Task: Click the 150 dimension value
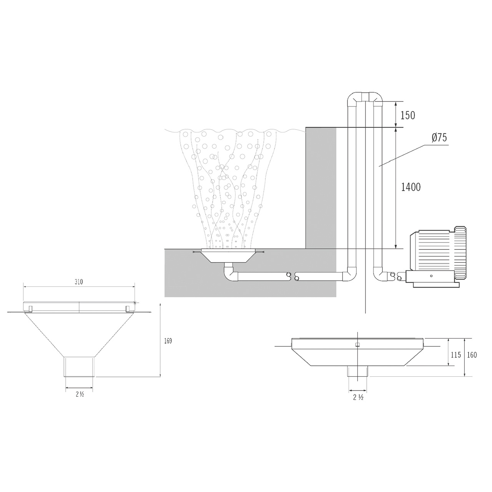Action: [x=408, y=116]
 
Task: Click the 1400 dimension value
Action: [x=411, y=188]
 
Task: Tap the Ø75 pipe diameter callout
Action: [x=439, y=138]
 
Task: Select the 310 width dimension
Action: [x=79, y=282]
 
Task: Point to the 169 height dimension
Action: [x=168, y=341]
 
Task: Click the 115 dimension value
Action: [x=456, y=355]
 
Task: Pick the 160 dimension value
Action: [x=472, y=355]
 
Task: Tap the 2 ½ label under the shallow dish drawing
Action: [x=358, y=404]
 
